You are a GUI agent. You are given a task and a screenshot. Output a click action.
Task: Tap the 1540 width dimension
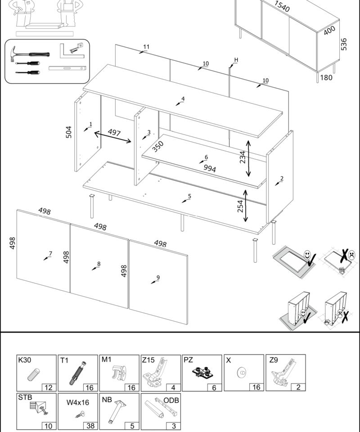tap(282, 6)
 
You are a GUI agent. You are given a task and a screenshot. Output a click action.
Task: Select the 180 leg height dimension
tap(326, 77)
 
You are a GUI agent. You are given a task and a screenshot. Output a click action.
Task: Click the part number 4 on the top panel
tap(183, 99)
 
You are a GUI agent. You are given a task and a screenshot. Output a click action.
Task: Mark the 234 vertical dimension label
tap(243, 157)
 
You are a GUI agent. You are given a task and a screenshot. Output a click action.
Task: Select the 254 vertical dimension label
tap(240, 206)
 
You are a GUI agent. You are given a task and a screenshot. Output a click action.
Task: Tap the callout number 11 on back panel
tap(146, 47)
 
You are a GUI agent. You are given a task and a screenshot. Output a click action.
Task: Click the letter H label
tap(236, 60)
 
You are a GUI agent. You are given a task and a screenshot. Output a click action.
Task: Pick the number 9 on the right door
tap(158, 277)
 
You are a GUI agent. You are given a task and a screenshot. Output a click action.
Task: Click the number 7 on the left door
tap(50, 254)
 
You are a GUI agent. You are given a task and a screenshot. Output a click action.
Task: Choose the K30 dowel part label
tap(24, 360)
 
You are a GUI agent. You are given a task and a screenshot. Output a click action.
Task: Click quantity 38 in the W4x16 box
tap(90, 426)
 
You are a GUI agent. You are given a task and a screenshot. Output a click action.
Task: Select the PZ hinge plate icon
tap(201, 373)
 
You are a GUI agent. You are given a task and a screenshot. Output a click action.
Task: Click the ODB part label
tap(171, 400)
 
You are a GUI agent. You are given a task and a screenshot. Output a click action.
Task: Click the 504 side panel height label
tap(69, 132)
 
